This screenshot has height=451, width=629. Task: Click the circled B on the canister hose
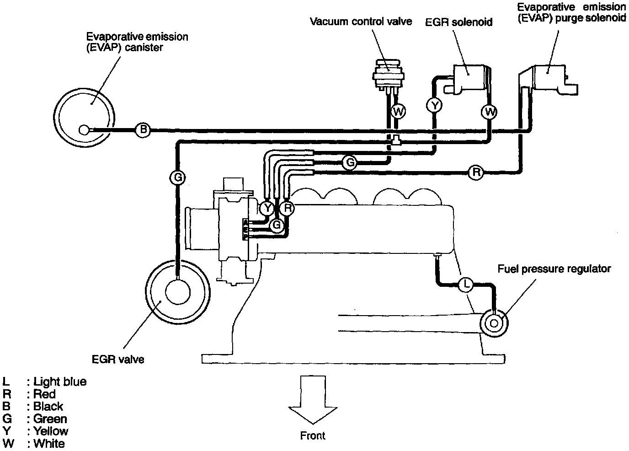point(143,130)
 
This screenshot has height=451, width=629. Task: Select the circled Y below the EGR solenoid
point(435,106)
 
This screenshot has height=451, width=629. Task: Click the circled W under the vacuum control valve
point(398,111)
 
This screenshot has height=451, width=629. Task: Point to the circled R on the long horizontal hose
point(476,172)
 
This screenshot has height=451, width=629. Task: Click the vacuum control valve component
point(387,73)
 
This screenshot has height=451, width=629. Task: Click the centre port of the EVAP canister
point(84,130)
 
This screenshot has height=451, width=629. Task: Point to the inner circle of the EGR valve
point(177,292)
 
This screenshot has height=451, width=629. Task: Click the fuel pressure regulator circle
point(494,323)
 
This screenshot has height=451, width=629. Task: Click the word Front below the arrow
point(313,436)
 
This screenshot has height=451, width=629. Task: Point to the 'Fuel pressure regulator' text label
point(554,268)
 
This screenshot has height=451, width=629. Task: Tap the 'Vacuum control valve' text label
point(361,21)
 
